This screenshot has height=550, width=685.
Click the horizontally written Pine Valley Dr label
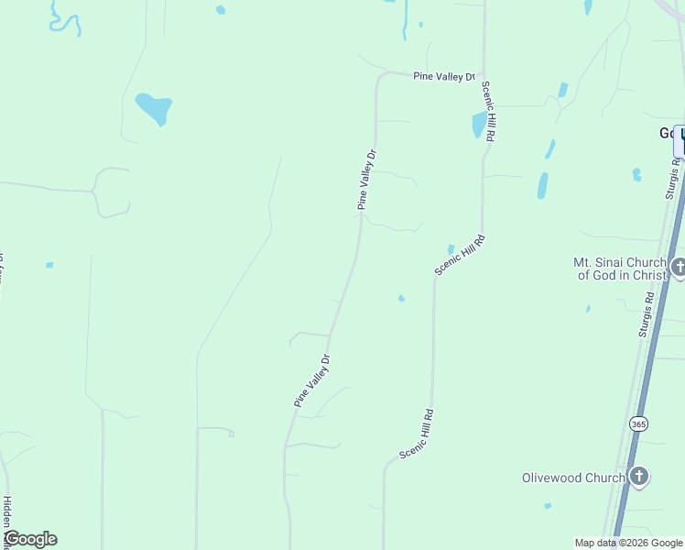[x=445, y=77]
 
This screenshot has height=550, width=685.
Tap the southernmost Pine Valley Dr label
[x=311, y=380]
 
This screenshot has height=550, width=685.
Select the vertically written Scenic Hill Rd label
[x=489, y=110]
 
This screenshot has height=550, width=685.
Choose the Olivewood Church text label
[x=573, y=478]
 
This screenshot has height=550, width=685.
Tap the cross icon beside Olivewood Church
[x=639, y=477]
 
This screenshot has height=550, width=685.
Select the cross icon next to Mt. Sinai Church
[x=679, y=268]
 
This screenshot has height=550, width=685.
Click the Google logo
[x=30, y=539]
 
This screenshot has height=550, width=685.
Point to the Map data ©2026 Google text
[x=628, y=543]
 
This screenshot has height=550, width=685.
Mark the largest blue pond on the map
[x=153, y=108]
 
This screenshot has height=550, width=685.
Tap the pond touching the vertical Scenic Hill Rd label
[x=479, y=124]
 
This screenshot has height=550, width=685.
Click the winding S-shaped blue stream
[x=64, y=18]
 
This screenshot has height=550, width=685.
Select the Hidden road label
[x=6, y=518]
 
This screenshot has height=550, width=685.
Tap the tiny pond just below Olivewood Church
[x=548, y=505]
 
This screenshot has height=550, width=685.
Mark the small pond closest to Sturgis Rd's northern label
[x=636, y=174]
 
